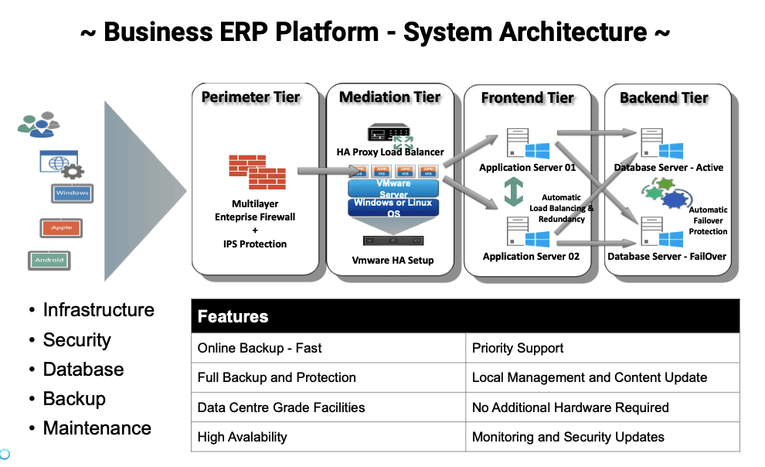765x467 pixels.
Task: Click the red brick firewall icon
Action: coord(257,172)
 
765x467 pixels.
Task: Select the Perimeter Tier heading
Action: coord(250,97)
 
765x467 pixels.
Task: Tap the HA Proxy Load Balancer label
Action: coord(390,152)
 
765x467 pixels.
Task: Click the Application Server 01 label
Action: coord(527,168)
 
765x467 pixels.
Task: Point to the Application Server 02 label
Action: coord(530,256)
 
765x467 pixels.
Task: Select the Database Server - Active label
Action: coord(667,168)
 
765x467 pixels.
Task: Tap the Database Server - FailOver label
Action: coord(667,256)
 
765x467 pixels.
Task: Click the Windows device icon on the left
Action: coord(73,193)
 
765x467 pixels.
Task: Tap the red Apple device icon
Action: coord(61,228)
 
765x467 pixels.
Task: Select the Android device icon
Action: coord(49,261)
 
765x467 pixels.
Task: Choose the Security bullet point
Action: coord(76,340)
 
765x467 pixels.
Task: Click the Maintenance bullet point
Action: coord(97,428)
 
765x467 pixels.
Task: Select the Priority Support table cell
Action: coord(518,348)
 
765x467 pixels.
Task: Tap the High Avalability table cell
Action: coord(242,437)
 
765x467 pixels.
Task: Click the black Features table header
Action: coord(465,316)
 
